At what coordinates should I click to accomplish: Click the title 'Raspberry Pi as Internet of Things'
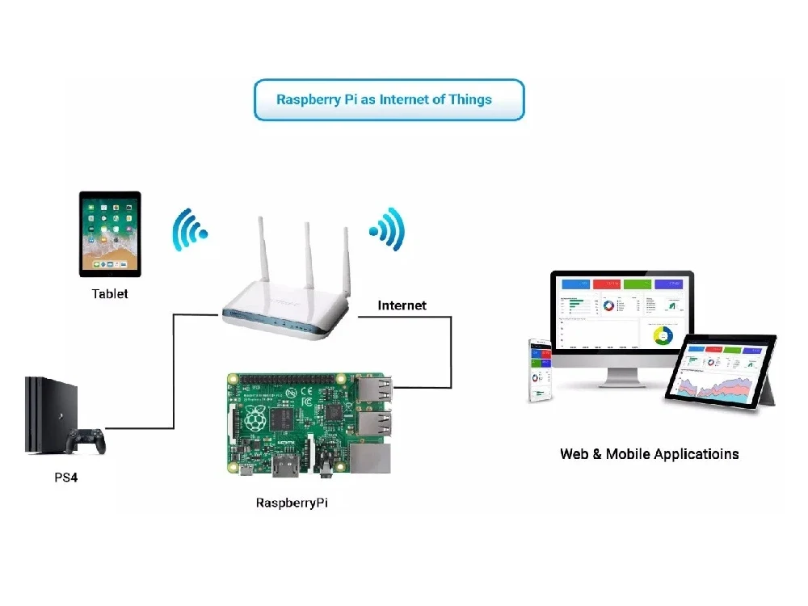(384, 100)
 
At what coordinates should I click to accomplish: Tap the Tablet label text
(110, 293)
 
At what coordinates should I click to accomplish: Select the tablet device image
(110, 234)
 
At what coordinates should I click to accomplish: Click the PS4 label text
(66, 478)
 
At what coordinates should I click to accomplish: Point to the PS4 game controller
(85, 441)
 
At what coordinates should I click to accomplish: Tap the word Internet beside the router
(402, 305)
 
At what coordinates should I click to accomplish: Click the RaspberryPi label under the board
(292, 503)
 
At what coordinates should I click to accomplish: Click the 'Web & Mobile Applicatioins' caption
(649, 453)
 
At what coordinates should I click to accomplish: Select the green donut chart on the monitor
(663, 335)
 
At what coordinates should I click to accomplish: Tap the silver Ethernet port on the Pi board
(372, 458)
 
